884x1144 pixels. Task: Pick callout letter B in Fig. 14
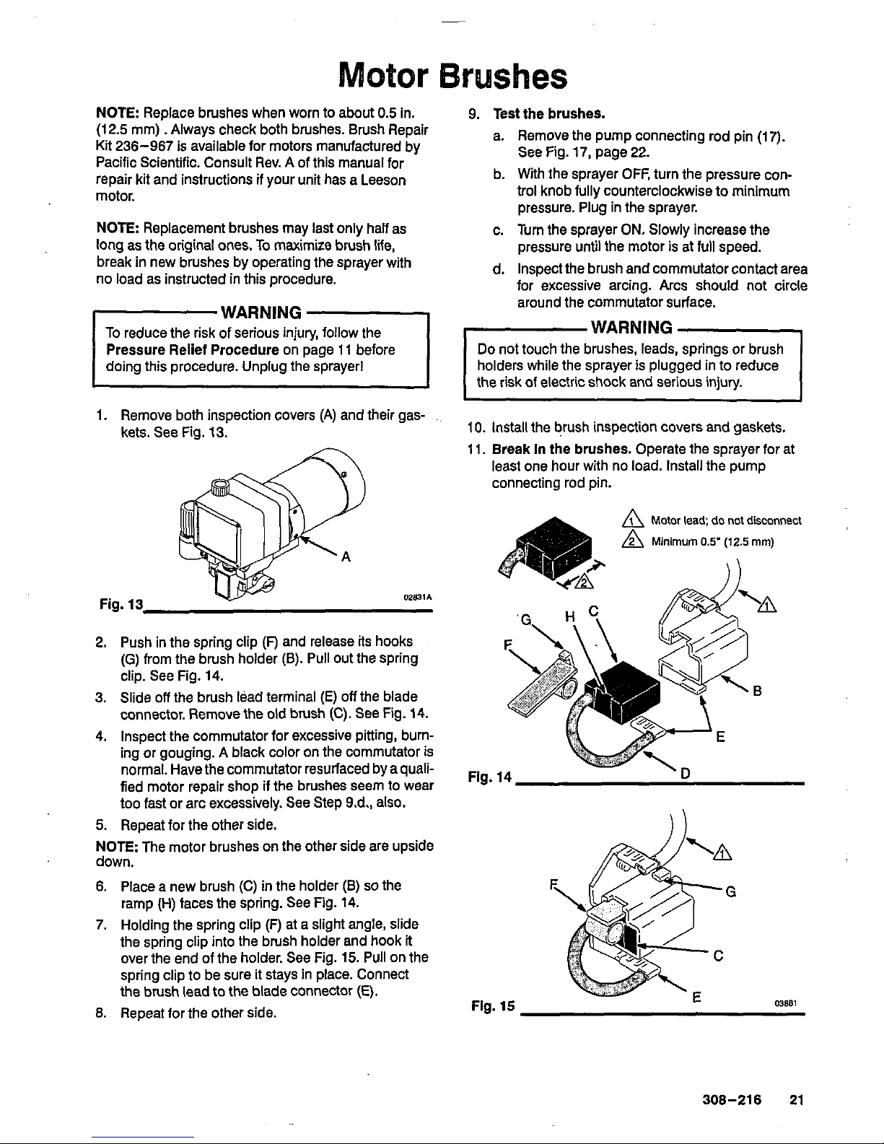pos(757,691)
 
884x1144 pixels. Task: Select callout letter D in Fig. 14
pos(685,774)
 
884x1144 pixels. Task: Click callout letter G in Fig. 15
pos(730,891)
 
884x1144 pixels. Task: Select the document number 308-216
pos(732,1101)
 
